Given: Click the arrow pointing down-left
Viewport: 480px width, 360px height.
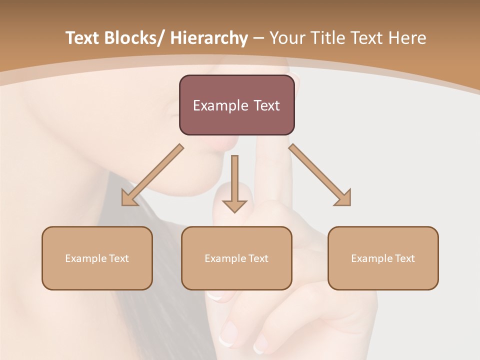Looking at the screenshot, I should click(152, 175).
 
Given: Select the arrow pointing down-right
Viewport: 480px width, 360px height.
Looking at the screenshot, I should click(320, 175).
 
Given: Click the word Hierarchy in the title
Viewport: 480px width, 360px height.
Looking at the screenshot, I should click(209, 38).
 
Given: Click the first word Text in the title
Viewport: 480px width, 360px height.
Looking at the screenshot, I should click(83, 38).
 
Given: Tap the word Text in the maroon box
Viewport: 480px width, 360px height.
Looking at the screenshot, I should click(266, 106).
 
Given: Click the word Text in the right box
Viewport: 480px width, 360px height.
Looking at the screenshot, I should click(404, 258).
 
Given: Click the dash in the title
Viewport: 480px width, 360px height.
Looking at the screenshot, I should click(259, 38).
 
